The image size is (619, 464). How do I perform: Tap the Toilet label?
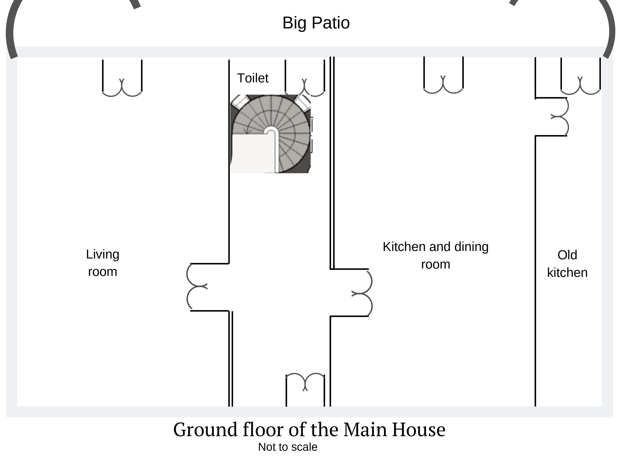point(253,78)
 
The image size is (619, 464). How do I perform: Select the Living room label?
point(103,263)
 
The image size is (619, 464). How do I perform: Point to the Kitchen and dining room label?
point(436,255)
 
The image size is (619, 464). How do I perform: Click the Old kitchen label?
point(567,264)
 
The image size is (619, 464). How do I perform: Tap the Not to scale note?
point(288,447)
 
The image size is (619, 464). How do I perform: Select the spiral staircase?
point(270,134)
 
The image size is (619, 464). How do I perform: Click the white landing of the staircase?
point(253,153)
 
